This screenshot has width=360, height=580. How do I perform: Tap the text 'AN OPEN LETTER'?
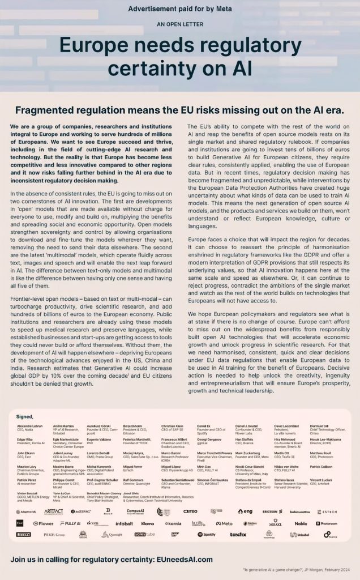pos(179,24)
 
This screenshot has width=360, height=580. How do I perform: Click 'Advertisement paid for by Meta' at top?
pos(179,9)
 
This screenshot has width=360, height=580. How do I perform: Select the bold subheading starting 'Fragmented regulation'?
pos(179,110)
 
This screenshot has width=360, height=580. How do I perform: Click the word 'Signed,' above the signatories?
pos(25,416)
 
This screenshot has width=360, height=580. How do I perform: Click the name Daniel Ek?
pos(204,426)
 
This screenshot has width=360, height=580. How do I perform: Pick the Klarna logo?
pos(148,524)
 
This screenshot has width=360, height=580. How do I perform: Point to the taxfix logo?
pos(238,534)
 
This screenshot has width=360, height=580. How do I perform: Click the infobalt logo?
pos(124,524)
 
